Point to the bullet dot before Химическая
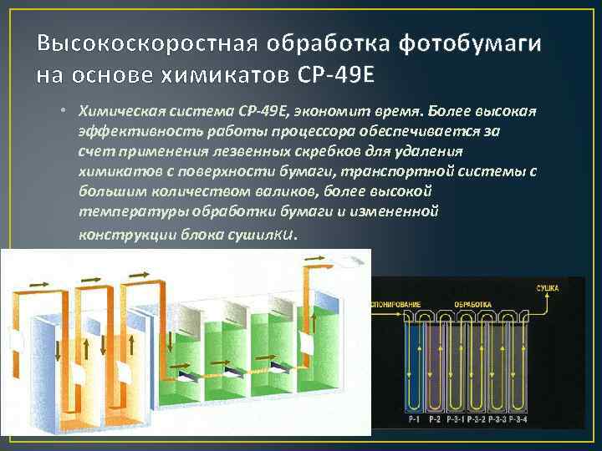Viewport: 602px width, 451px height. pos(63,111)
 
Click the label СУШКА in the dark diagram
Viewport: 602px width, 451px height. pos(548,287)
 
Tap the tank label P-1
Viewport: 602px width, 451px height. pos(412,417)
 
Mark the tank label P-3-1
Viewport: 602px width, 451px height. pos(457,417)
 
